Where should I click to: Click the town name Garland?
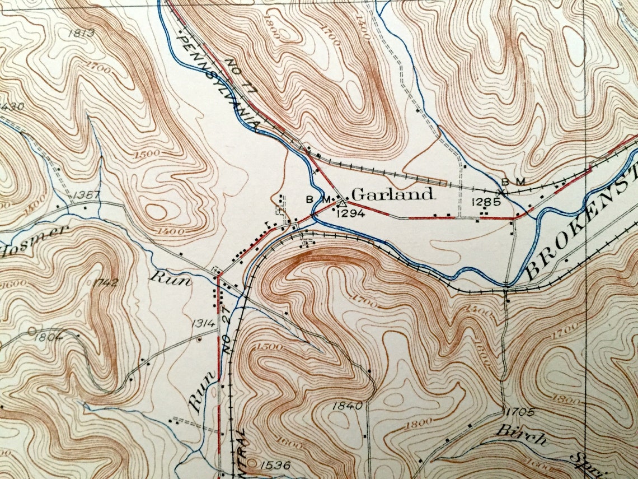393,194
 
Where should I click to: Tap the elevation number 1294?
351,213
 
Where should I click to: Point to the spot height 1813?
81,32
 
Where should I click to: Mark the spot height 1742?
106,282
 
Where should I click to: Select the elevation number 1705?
519,413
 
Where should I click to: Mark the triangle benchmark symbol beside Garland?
341,199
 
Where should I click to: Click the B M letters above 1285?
513,182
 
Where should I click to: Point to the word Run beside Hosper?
171,277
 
